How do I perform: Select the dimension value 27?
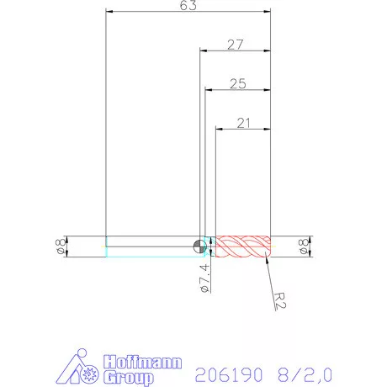click(x=236, y=45)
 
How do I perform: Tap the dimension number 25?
click(x=237, y=83)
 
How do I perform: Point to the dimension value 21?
click(x=244, y=123)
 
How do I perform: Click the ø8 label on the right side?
click(x=305, y=246)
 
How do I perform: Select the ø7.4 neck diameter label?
click(x=203, y=278)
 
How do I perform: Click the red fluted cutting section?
click(x=243, y=246)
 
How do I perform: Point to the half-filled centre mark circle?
click(x=199, y=246)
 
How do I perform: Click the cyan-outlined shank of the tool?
click(x=151, y=246)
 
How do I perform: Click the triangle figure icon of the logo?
click(x=81, y=368)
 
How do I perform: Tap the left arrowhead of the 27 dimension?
click(x=202, y=52)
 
